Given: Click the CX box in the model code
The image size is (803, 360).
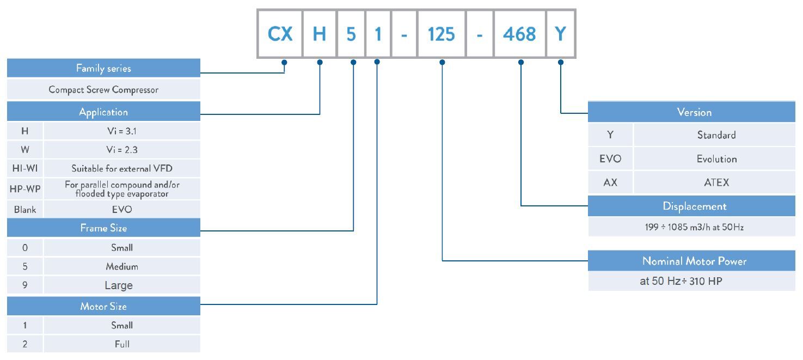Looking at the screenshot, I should [280, 34].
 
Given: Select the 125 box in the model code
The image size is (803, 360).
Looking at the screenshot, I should [441, 34].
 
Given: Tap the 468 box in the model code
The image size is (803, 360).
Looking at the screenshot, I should [519, 34].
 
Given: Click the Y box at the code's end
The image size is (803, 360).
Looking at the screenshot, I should [560, 34].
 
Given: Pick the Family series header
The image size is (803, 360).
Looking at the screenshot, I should [103, 69].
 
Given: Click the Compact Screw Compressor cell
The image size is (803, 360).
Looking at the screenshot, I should [103, 90].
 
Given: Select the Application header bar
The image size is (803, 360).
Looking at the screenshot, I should [103, 112].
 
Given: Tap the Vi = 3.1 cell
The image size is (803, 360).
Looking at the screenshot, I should [121, 131].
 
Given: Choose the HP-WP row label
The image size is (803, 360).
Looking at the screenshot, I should [24, 189].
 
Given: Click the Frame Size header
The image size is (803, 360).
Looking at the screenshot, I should [103, 228].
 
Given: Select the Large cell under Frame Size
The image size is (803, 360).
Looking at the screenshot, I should [121, 285].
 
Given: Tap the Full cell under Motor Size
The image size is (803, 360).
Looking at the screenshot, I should [121, 344].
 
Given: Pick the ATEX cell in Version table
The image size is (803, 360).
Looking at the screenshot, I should [716, 183].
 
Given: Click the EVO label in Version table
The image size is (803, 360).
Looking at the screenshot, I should [610, 159].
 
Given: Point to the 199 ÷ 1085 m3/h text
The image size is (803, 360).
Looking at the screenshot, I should [694, 228].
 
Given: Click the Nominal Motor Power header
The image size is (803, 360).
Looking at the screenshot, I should [694, 261].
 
